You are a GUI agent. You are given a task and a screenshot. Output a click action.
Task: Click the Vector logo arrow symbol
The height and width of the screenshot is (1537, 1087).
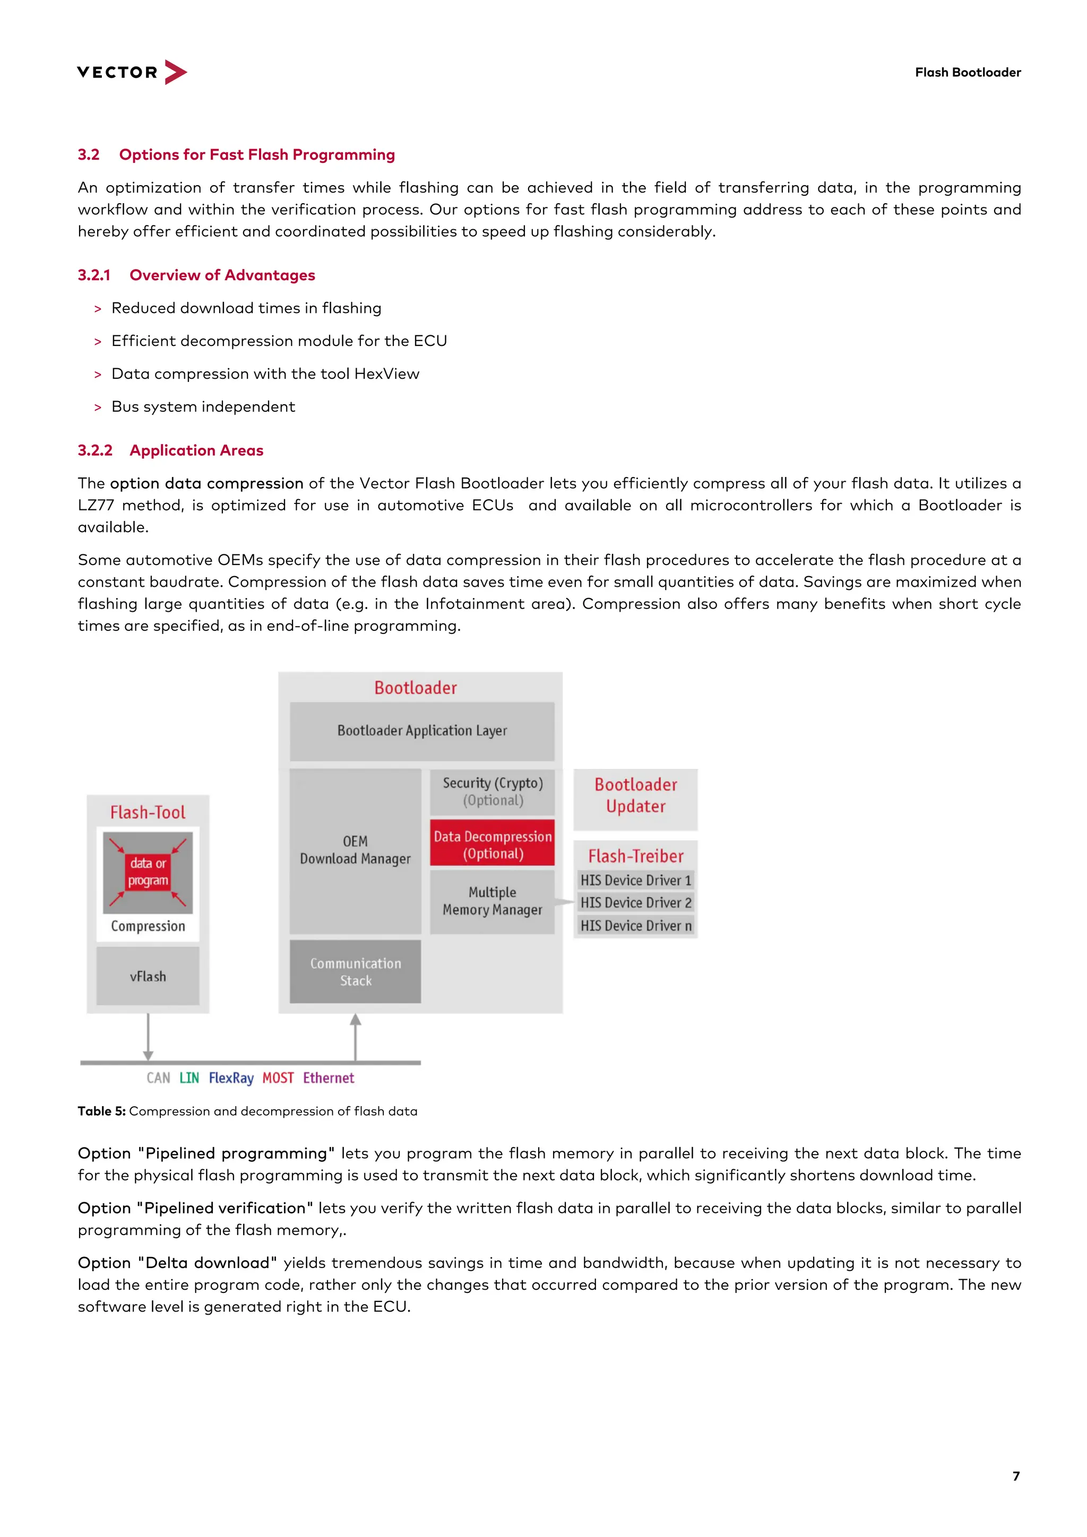(174, 72)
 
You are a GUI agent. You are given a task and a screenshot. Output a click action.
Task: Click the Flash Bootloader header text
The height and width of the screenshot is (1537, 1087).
(967, 72)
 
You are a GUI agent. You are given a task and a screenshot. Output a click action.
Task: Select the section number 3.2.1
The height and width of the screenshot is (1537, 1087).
(94, 275)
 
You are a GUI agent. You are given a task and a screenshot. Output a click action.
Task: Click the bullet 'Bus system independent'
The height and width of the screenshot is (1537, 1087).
(203, 406)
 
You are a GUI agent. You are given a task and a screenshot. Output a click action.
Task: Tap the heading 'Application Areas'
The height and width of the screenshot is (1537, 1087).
(196, 450)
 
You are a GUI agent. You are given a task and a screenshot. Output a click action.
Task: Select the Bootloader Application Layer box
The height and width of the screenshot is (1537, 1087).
(422, 731)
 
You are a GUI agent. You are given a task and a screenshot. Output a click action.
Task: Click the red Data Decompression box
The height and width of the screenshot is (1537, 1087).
(492, 844)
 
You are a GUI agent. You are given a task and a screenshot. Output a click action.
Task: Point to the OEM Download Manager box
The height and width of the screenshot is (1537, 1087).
(355, 850)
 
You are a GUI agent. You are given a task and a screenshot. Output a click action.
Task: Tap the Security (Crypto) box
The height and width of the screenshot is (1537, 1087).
(492, 791)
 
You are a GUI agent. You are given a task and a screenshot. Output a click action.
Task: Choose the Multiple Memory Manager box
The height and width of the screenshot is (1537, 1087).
(492, 901)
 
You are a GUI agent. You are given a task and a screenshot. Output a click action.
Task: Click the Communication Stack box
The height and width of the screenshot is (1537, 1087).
(355, 971)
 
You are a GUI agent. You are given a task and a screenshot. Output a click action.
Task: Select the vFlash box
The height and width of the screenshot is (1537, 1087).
(148, 976)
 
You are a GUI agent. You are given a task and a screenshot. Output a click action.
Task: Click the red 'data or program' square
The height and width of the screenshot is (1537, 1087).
(148, 872)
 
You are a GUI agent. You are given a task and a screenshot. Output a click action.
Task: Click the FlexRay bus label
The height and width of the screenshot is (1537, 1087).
(231, 1078)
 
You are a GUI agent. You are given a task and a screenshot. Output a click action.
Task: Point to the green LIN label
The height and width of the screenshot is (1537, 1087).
(189, 1078)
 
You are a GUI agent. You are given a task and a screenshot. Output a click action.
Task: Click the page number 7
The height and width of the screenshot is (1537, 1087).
(1015, 1476)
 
